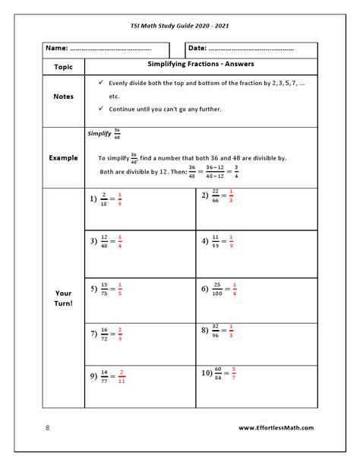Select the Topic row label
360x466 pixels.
(x=64, y=66)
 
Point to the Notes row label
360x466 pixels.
(x=64, y=97)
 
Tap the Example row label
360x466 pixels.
(x=64, y=157)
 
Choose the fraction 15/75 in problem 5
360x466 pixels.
(x=103, y=290)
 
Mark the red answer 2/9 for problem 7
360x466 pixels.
(x=120, y=333)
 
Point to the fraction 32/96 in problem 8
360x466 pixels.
(x=215, y=331)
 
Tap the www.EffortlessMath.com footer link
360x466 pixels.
(x=276, y=427)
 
